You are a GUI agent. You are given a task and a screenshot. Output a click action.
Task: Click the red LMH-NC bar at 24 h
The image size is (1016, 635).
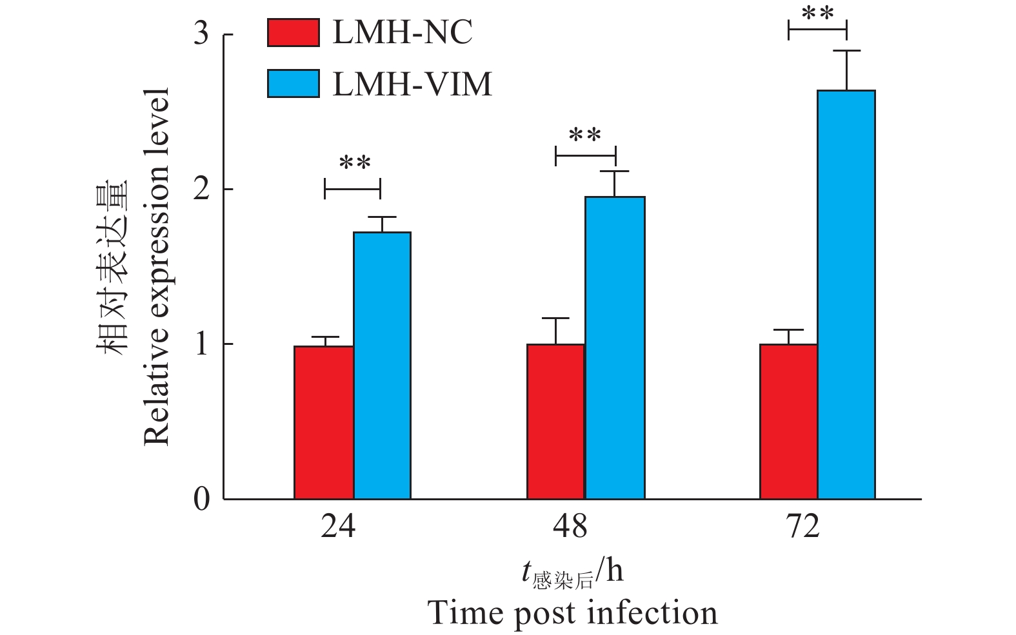tap(324, 422)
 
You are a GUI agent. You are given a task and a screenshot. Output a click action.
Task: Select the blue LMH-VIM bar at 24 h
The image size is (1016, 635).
tap(382, 366)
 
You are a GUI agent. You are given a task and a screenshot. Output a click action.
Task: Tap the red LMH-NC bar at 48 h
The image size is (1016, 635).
tap(556, 422)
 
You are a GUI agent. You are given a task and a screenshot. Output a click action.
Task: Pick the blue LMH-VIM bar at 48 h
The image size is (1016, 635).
tap(615, 348)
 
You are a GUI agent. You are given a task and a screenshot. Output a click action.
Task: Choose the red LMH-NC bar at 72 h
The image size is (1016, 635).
tap(788, 422)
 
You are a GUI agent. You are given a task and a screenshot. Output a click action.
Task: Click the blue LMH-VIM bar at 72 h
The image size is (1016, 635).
tap(846, 295)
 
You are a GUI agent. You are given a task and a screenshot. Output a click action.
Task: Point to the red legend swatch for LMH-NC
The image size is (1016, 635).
tap(294, 33)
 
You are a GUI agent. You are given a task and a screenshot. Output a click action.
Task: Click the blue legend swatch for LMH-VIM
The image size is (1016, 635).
tap(294, 84)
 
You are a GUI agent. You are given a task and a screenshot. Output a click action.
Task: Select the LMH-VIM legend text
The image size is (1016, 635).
tap(412, 84)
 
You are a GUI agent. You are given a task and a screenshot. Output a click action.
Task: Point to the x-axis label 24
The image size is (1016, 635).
tap(338, 527)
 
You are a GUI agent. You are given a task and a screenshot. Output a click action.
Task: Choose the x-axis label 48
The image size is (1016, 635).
tap(570, 527)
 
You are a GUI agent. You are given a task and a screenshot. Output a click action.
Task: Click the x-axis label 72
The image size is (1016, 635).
tap(803, 527)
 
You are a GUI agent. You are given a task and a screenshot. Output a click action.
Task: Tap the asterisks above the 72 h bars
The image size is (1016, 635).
tap(817, 14)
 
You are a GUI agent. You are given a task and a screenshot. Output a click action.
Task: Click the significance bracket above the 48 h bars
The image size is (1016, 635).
tap(586, 155)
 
